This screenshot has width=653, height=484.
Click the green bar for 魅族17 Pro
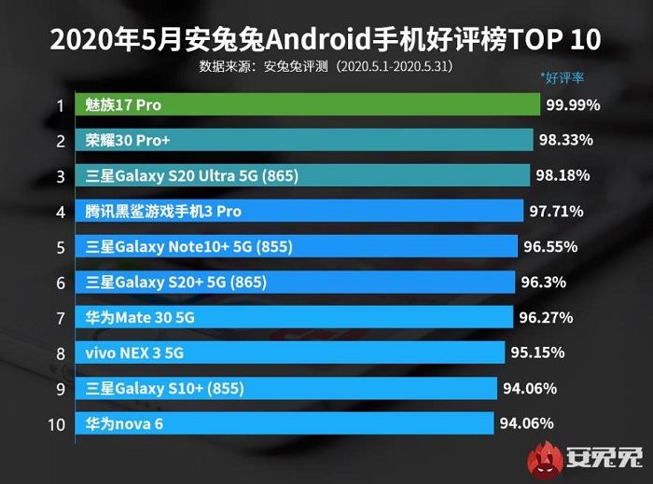(x=307, y=105)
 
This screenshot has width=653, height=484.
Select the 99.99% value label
(x=573, y=105)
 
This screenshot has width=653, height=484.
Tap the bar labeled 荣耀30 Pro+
(x=304, y=141)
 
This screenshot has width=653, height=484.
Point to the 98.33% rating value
(x=565, y=141)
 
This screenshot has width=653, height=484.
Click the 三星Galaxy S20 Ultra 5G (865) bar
(x=302, y=176)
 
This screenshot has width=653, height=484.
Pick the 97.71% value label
(x=556, y=212)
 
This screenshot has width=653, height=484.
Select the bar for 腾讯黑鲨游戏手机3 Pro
(x=299, y=212)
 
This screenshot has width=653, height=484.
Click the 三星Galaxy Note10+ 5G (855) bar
(x=298, y=247)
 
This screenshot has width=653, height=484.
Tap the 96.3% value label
(x=542, y=283)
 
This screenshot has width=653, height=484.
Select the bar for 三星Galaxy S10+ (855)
(x=287, y=389)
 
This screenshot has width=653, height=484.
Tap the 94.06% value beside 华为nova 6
(x=528, y=424)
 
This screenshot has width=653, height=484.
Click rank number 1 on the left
(x=60, y=105)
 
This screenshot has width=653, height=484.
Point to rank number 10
(x=56, y=424)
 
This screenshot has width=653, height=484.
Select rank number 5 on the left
(x=60, y=247)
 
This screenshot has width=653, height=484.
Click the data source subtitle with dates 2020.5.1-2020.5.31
(x=326, y=66)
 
